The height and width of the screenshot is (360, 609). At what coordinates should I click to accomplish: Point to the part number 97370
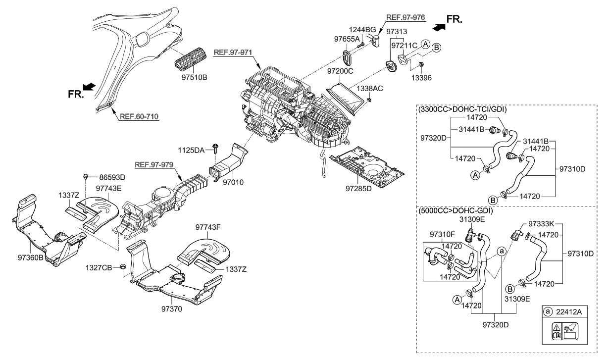(x=171, y=309)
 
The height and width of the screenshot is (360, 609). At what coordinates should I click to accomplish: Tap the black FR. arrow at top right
(x=438, y=27)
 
